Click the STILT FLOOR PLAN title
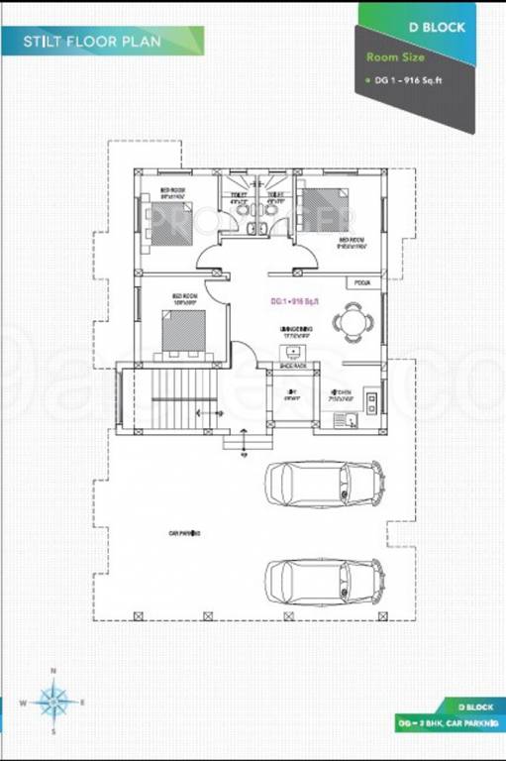(93, 41)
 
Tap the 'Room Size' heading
(388, 57)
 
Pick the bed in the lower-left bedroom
(184, 331)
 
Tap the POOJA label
(357, 283)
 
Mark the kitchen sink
(347, 420)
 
